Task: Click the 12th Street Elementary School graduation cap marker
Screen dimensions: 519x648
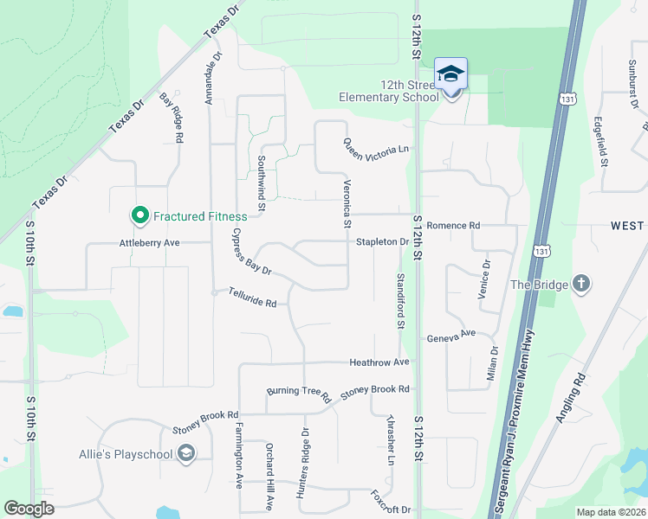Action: coord(450,75)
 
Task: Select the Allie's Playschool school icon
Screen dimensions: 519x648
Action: coord(185,453)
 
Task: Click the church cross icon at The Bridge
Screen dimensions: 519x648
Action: coord(580,284)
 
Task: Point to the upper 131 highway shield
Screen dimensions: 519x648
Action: coord(567,99)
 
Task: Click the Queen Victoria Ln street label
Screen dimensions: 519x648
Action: coord(375,149)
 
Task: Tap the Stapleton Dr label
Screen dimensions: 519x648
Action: coord(382,242)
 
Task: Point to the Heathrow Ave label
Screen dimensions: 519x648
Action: coord(379,362)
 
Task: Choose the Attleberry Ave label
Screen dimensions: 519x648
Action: coord(149,243)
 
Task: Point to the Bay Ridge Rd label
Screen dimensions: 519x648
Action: coord(172,119)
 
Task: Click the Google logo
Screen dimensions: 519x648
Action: coord(29,509)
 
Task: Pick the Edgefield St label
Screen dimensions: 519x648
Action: coord(602,142)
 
